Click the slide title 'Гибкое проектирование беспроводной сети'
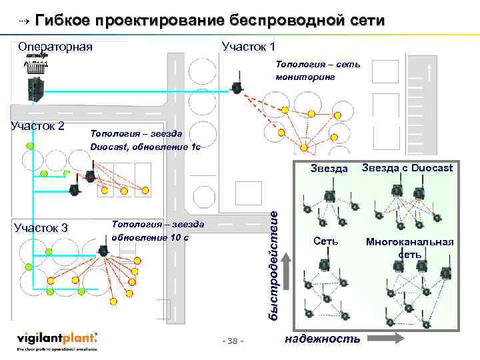point(209,20)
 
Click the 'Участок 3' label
point(41,228)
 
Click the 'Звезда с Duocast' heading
point(407,168)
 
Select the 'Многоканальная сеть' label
point(409,247)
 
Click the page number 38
point(233,341)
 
